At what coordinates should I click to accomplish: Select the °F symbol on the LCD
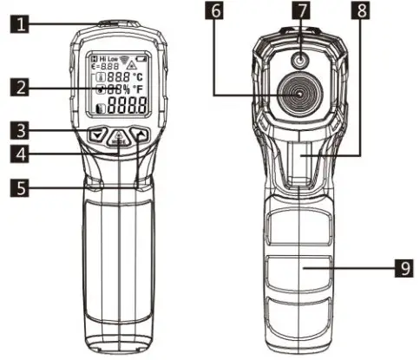[x=137, y=89]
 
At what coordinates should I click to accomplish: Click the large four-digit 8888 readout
[x=125, y=106]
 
